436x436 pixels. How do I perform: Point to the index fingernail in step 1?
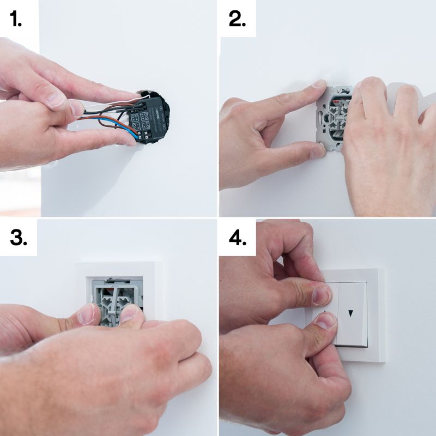pos(57,100)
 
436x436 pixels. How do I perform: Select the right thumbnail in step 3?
pos(130,312)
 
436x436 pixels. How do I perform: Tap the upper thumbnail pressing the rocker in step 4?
pos(323,296)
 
